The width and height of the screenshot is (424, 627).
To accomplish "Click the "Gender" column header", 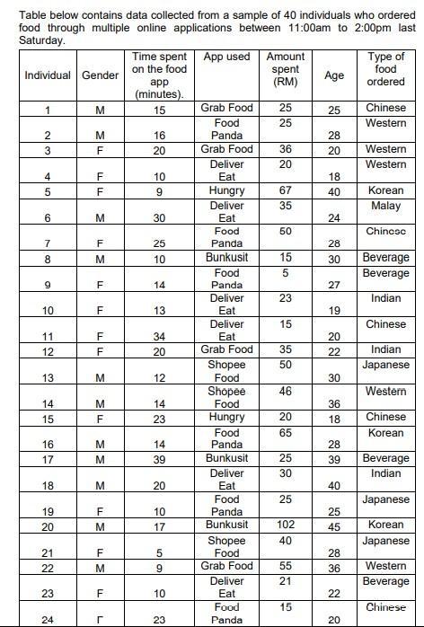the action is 100,75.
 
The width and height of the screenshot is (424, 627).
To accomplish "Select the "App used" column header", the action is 226,57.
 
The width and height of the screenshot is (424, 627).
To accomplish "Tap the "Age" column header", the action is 333,75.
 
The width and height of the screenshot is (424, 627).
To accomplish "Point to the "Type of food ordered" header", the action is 385,69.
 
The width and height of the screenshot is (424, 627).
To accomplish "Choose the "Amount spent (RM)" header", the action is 285,69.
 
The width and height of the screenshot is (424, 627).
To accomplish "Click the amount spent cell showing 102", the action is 285,525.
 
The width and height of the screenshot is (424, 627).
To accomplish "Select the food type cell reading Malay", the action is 385,207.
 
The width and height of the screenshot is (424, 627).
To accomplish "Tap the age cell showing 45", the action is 333,525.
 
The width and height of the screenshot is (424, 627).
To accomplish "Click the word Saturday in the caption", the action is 30,40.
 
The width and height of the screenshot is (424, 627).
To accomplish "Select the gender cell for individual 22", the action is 100,567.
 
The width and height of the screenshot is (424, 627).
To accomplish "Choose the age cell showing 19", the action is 333,311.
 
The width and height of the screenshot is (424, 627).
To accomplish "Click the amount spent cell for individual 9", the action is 285,273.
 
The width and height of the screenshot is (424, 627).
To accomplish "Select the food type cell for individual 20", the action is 385,525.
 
